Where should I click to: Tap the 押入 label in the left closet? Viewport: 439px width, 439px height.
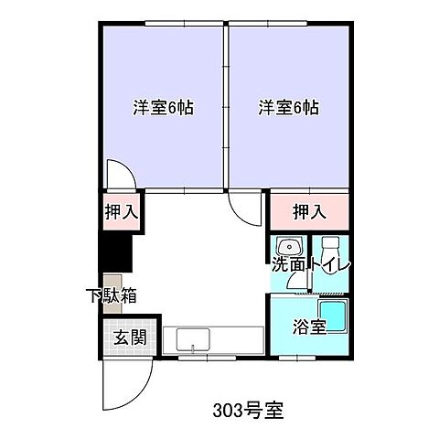point(120,213)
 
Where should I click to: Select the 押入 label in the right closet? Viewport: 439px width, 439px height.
point(308,213)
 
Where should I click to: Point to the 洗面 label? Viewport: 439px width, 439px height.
point(289,266)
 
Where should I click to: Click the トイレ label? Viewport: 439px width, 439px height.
point(331,266)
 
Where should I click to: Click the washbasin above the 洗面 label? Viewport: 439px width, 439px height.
point(289,247)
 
